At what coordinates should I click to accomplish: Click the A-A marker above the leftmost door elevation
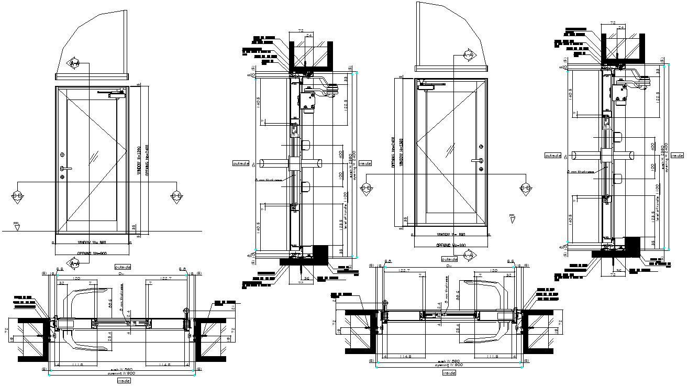click(74, 63)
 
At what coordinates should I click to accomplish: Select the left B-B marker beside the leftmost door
click(17, 196)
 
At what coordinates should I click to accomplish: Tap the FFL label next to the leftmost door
click(17, 225)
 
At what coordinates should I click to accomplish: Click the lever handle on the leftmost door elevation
click(64, 168)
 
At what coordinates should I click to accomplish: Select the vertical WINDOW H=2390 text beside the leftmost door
click(138, 160)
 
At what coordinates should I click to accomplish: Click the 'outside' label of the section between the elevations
click(240, 163)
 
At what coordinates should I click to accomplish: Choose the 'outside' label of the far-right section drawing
click(553, 156)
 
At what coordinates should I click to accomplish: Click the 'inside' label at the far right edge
click(678, 156)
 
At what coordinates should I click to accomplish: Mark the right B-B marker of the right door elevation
click(526, 189)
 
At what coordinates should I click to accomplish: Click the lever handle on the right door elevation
click(476, 161)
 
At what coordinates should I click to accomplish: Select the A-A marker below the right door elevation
click(469, 255)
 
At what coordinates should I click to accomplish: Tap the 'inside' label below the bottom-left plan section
click(124, 381)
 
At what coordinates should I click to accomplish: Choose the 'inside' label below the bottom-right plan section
click(449, 373)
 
